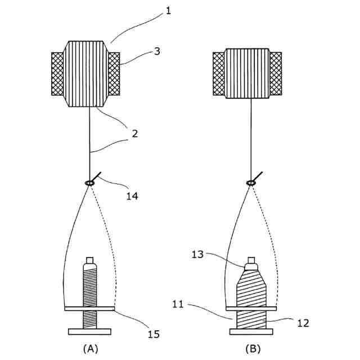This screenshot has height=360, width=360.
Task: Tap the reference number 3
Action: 157,51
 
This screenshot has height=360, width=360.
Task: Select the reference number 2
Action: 135,134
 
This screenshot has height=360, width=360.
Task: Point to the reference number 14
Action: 132,196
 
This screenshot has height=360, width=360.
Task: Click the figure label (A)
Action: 89,349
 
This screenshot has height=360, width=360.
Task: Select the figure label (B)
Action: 253,349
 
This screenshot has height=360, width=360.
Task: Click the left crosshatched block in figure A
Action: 58,74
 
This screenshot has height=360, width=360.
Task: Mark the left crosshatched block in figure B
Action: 219,74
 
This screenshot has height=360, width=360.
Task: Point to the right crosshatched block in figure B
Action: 276,74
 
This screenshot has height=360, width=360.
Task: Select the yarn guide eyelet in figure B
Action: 250,182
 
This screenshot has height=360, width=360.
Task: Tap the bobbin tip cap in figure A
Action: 89,262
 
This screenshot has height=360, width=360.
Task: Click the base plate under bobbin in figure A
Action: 89,331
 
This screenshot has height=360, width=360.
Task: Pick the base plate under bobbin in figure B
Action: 251,331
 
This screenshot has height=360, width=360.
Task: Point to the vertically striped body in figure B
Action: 247,74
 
